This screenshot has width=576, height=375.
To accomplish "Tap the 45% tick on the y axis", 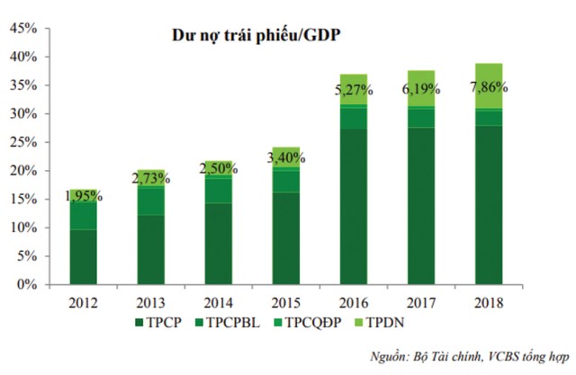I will pos(23,29).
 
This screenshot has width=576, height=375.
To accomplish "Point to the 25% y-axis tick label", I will pos(23,143).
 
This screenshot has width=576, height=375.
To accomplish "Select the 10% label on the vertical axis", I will pos(23,228).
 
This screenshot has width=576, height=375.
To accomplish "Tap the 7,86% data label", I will pos(489,88).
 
